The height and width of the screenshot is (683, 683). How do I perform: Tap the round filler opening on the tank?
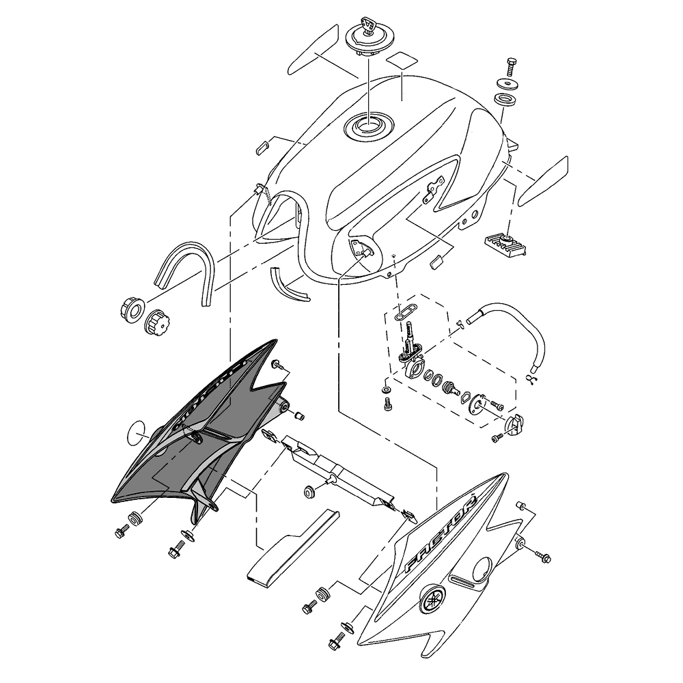pyautogui.click(x=369, y=126)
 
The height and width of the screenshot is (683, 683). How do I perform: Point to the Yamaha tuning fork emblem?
pyautogui.click(x=432, y=599)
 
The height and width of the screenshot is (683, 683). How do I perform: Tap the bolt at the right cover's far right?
pyautogui.click(x=543, y=557)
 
